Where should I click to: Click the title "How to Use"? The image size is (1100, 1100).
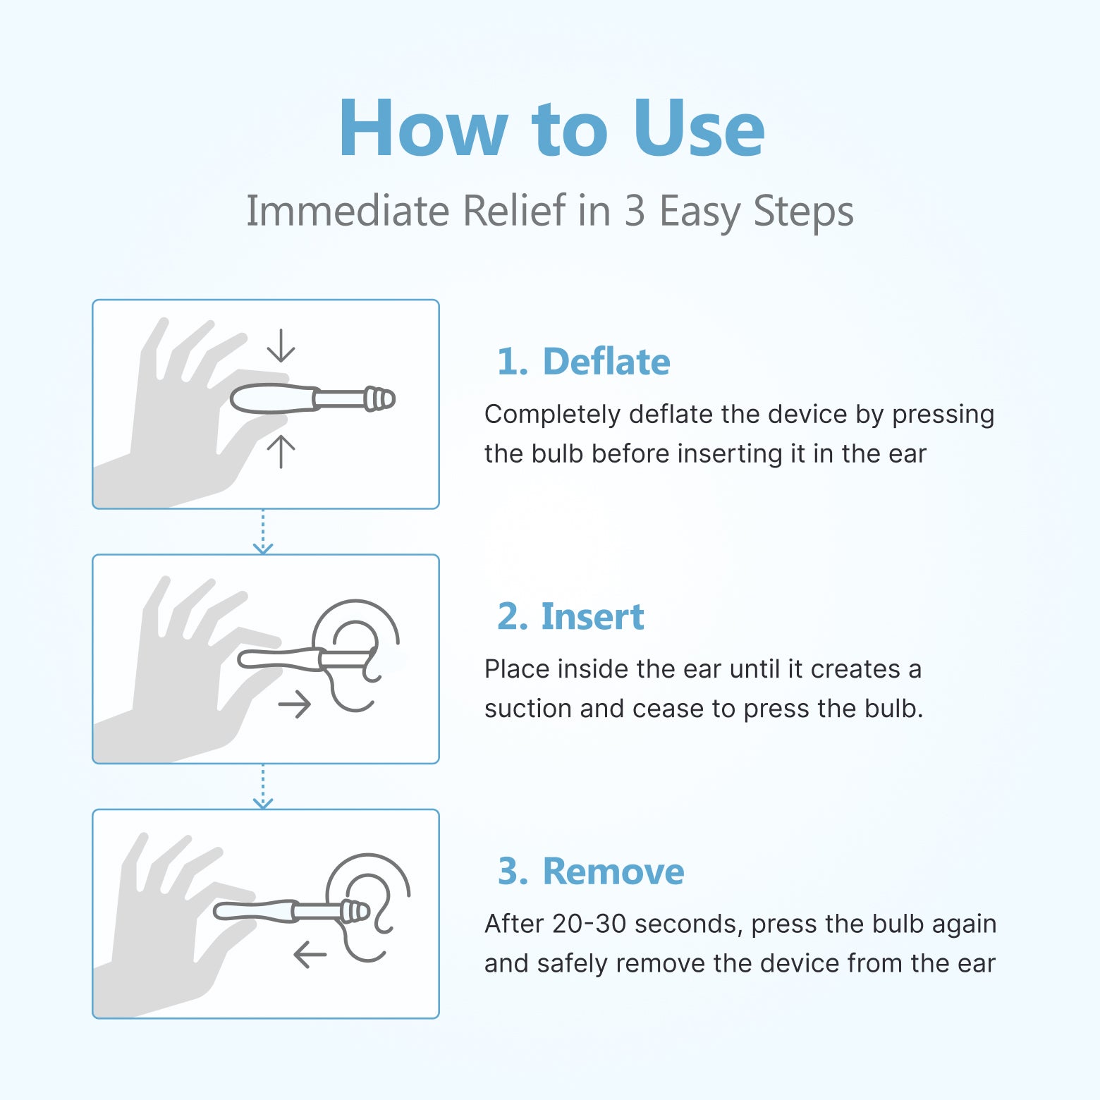[551, 128]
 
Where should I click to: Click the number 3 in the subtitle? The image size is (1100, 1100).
[635, 211]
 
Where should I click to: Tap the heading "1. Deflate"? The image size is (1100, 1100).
[583, 362]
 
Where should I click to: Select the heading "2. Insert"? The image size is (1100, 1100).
[570, 616]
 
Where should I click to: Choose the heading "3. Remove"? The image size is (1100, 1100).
[591, 871]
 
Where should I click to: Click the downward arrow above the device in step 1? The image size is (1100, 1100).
[281, 346]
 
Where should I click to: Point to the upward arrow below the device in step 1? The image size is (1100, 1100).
[281, 451]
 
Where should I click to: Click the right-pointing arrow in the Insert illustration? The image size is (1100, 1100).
[295, 704]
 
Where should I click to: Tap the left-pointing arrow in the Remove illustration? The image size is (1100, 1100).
[310, 955]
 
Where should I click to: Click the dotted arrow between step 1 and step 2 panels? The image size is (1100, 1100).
[263, 532]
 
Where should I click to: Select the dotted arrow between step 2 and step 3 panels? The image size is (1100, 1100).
[263, 787]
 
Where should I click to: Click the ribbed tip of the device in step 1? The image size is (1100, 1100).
[379, 399]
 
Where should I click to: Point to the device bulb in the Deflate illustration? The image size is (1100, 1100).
[271, 399]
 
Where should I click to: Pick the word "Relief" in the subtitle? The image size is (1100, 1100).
[514, 211]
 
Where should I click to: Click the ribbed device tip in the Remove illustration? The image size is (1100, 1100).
[355, 911]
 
